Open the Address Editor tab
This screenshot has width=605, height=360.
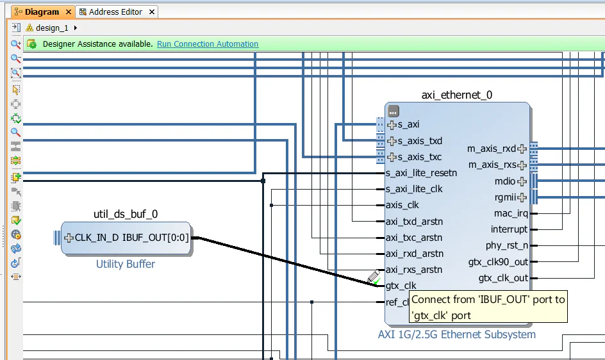pos(116,12)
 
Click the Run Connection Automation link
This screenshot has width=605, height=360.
pos(208,44)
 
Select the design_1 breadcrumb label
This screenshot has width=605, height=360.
pos(52,28)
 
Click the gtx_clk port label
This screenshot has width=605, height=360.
pos(401,286)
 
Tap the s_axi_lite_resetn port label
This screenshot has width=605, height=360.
pos(421,173)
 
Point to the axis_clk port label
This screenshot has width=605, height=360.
pos(402,205)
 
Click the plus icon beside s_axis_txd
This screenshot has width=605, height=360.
pos(392,141)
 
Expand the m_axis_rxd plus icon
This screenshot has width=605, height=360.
pos(522,149)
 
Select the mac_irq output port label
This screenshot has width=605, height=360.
pos(511,213)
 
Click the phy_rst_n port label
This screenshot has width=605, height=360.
pos(507,245)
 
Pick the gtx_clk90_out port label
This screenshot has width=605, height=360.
pos(498,261)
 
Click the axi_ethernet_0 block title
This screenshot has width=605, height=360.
pos(456,95)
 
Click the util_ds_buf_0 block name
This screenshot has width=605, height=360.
pos(126,214)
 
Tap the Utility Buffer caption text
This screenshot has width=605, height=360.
pos(126,264)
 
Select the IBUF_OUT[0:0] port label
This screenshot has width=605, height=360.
pos(155,238)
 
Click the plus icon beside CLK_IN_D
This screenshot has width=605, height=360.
pos(69,238)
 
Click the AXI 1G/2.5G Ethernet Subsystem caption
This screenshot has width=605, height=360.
pos(456,334)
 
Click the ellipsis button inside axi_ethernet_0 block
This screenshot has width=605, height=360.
pos(394,111)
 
